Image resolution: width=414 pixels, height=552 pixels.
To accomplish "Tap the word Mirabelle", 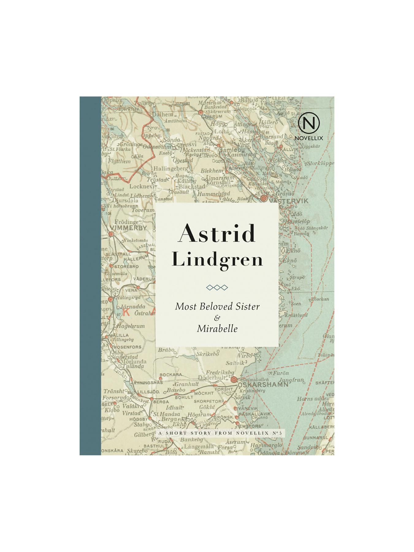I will coord(217,329).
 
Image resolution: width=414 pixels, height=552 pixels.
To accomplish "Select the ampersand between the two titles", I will coord(217,318).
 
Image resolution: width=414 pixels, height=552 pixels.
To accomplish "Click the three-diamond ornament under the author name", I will coord(217,287).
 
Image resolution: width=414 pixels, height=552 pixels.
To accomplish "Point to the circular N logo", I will coord(309,123).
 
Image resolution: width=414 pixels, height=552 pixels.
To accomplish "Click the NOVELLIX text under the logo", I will coord(309,138).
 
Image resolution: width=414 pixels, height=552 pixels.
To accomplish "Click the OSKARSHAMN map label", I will coord(263,385).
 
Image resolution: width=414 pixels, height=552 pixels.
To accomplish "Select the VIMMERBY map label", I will coord(128,228).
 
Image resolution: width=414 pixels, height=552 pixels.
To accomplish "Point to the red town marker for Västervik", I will coord(264,199).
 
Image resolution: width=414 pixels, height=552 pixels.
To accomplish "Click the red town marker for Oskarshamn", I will coord(234,380).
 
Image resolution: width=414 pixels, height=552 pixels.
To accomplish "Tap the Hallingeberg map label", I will coord(171,169).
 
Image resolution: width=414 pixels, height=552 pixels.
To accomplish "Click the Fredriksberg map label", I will coord(220,373).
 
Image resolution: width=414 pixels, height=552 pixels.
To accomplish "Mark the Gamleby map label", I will coord(232,150).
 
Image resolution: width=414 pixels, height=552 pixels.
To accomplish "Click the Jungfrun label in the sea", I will coord(291,380).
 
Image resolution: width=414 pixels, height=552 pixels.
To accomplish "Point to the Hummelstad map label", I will coord(213,194).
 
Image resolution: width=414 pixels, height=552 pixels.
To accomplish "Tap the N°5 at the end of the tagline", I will coord(277,433).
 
